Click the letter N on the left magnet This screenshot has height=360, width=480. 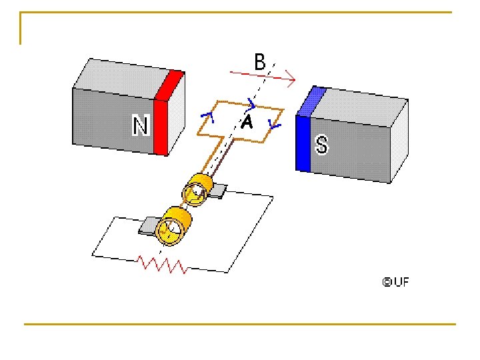[140, 125]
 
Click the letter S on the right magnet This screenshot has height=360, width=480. [321, 144]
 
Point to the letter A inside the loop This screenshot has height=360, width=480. [247, 122]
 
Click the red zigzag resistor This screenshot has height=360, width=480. [163, 265]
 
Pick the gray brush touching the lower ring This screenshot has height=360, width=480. [147, 226]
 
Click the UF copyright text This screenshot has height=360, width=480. [395, 281]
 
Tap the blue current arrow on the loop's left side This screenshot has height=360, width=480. [207, 119]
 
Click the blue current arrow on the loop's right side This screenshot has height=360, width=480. [274, 125]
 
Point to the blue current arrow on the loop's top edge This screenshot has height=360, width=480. [251, 103]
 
